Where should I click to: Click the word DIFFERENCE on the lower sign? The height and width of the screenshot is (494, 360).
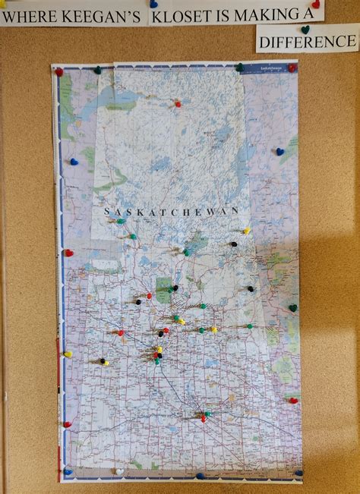coord(307,41)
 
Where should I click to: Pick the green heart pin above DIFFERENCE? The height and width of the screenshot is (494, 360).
coord(305,30)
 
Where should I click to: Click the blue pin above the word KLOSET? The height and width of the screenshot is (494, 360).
coord(153,4)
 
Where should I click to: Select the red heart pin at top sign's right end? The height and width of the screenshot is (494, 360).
coord(315,4)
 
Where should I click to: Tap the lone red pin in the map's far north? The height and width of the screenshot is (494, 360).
coord(178,103)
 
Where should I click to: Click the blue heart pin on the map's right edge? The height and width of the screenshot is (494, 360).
coord(279,152)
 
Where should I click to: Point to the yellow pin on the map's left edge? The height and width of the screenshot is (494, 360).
coord(68,354)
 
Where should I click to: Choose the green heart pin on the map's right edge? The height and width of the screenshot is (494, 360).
coord(292,308)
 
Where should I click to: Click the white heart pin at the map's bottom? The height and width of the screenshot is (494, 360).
coord(119,471)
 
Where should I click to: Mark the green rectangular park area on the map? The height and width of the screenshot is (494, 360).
coord(164,290)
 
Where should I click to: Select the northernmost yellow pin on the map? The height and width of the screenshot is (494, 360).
coord(246,231)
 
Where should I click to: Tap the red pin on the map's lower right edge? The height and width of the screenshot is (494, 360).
coord(293,400)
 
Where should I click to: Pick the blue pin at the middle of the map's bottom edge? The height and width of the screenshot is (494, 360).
coord(200,476)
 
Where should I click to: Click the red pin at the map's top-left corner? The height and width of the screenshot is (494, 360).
coord(58,72)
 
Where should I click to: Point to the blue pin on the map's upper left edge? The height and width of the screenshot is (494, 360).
coord(74,162)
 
